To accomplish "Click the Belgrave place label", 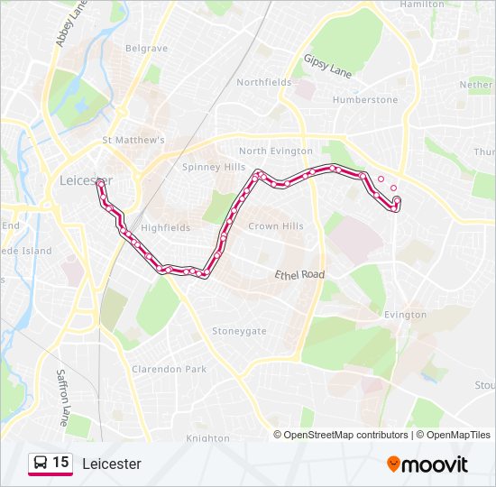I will tap(146, 48).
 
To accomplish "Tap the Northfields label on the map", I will tap(264, 82).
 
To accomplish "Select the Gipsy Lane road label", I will tap(327, 65).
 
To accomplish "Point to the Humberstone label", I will tap(365, 100).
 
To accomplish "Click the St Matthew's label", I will tap(133, 141).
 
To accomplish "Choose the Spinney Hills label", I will tap(214, 167).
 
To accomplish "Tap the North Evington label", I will tap(276, 152).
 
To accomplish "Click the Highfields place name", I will tap(166, 228).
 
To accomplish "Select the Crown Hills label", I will tap(276, 226).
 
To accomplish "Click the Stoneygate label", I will tap(239, 331).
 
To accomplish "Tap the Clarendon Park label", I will tap(169, 369).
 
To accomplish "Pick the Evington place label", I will tap(405, 315).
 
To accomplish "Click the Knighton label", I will tap(208, 438).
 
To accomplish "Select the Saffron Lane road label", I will tap(62, 396).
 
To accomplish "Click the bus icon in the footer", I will tap(41, 464).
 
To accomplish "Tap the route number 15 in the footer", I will tap(60, 463).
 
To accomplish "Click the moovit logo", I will tap(427, 464).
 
